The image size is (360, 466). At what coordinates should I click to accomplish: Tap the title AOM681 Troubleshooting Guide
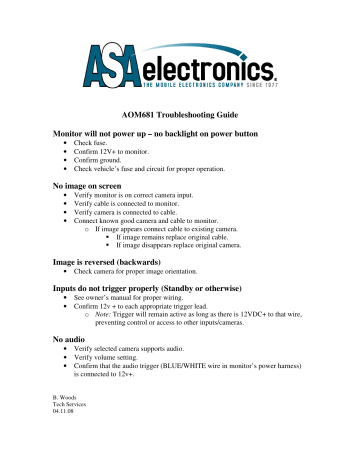[x=179, y=116]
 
